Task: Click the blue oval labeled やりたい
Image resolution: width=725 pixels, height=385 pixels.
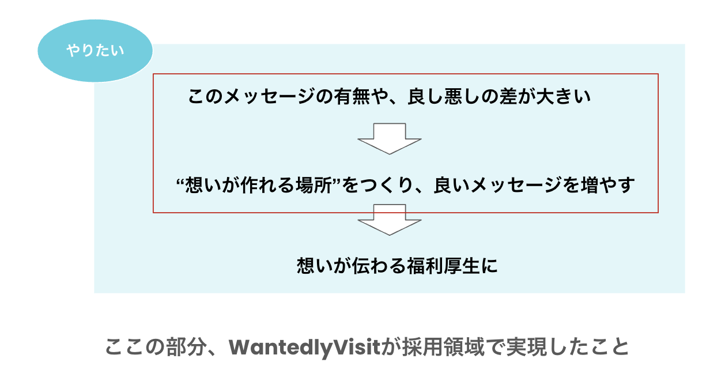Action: (95, 51)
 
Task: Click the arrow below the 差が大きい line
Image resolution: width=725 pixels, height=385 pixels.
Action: (390, 138)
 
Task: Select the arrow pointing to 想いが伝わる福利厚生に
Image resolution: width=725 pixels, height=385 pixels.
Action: (390, 220)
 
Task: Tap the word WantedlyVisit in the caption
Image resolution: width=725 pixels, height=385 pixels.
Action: (305, 348)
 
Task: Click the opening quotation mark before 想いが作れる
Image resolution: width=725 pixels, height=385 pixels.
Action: (180, 183)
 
